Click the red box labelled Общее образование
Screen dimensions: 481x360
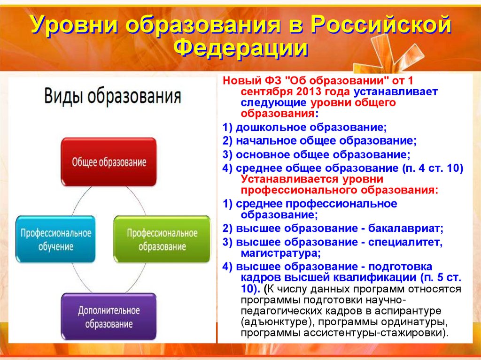109,161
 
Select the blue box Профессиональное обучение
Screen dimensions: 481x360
55,239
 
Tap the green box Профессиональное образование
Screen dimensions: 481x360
162,239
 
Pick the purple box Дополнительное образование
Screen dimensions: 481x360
109,316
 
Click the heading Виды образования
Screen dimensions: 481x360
113,96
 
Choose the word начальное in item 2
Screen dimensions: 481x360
266,141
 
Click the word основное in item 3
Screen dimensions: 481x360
263,154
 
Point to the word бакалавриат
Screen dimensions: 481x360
405,229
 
